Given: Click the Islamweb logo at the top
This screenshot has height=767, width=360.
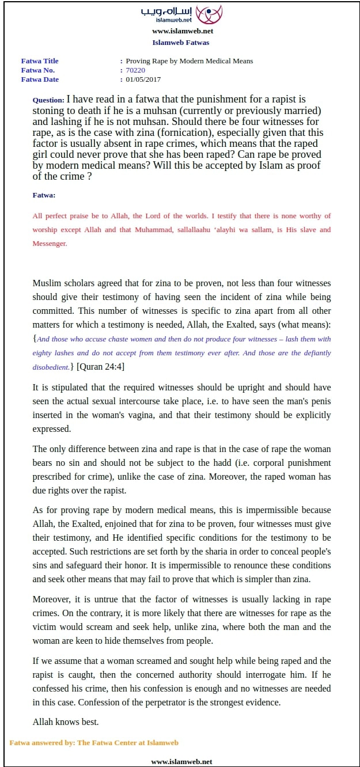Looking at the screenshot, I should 181,14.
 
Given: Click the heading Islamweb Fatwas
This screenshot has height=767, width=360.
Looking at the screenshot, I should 181,42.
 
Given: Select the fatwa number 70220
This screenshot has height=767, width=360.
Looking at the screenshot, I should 135,70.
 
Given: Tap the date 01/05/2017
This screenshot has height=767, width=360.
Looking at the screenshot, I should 143,79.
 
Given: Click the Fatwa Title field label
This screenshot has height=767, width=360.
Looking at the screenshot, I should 40,61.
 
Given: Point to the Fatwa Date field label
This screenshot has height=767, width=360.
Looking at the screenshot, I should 40,79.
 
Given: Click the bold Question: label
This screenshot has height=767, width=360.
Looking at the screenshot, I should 48,100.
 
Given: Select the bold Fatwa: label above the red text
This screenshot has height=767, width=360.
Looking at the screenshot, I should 44,195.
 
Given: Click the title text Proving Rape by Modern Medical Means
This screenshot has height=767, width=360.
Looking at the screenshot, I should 189,61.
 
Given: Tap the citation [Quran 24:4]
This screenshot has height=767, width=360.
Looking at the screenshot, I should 100,366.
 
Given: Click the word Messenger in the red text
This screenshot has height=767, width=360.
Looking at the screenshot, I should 50,244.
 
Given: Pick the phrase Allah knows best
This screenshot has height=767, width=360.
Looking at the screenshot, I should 66,722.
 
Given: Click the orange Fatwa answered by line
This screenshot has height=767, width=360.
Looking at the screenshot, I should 94,743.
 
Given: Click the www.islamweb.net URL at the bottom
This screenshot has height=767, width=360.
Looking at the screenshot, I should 181,761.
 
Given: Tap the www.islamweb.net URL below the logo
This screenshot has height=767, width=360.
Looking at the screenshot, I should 183,31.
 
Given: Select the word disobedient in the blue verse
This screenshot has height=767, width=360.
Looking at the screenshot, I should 50,367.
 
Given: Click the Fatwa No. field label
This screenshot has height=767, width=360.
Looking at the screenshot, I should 37,70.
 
